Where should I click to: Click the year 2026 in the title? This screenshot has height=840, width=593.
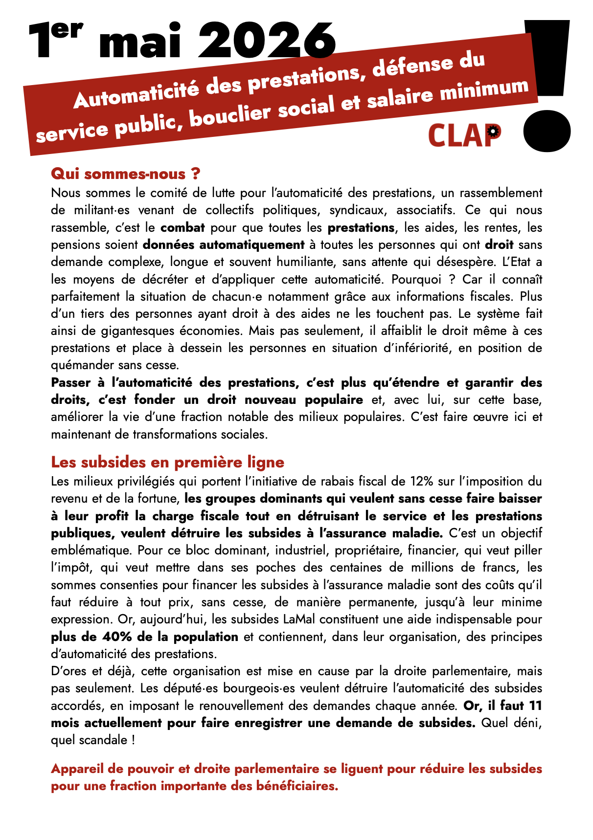pyautogui.click(x=267, y=41)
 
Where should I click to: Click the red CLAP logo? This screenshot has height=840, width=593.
pyautogui.click(x=464, y=136)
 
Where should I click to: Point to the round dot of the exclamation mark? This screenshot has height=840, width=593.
pyautogui.click(x=547, y=131)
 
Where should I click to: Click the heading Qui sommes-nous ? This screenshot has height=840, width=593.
pyautogui.click(x=126, y=174)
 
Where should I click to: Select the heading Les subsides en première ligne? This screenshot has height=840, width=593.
pyautogui.click(x=167, y=462)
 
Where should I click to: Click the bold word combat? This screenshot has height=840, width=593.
pyautogui.click(x=182, y=227)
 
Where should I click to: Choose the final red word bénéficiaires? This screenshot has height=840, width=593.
pyautogui.click(x=296, y=786)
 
